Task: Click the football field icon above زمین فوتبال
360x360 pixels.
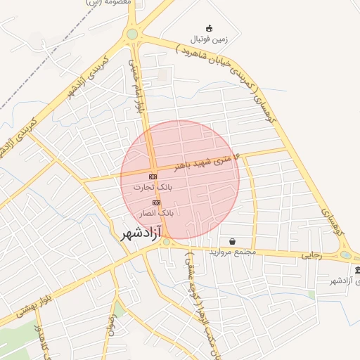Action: (209, 28)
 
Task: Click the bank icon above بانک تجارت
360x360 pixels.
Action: (153, 175)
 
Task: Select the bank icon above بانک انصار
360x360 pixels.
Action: (156, 202)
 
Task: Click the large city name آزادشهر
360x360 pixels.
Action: (137, 231)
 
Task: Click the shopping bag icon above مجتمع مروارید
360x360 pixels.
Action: (232, 241)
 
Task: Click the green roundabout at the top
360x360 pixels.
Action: (131, 34)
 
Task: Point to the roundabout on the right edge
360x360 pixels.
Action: (345, 255)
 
